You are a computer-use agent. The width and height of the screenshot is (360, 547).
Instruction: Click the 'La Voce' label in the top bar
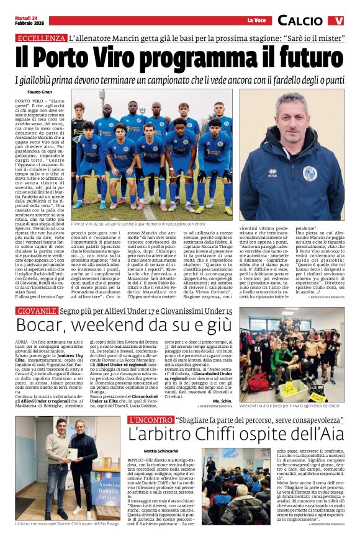point(256,20)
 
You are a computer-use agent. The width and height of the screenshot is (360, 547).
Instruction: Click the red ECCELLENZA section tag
point(42,38)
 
